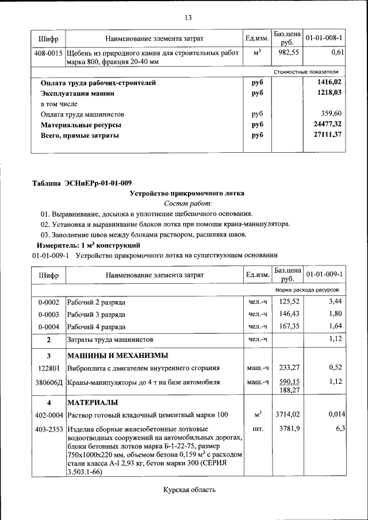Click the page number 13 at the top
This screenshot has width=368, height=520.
[x=187, y=17]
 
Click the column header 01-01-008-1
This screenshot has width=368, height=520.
[x=324, y=38]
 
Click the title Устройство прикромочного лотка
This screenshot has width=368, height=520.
[x=187, y=193]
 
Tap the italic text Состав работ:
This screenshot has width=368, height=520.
[x=188, y=203]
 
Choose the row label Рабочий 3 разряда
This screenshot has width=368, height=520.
[x=96, y=314]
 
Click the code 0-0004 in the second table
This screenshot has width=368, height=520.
[x=49, y=326]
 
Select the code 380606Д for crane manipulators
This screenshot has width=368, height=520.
[x=49, y=382]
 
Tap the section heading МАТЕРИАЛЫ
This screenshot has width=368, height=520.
[x=93, y=401]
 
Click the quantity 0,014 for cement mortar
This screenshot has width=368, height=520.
[x=336, y=414]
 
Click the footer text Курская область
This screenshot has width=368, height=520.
[x=189, y=490]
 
